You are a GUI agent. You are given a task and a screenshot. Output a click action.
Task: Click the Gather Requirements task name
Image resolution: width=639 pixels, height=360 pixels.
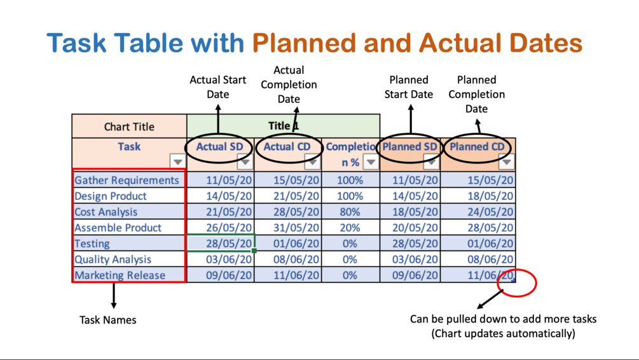(x=127, y=180)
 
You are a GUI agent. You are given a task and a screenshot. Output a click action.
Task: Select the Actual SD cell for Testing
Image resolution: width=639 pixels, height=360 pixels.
(x=221, y=243)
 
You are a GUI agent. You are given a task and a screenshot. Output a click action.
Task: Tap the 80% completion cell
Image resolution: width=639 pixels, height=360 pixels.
(x=350, y=212)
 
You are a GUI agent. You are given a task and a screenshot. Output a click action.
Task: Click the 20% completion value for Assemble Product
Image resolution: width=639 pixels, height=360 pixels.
(x=350, y=228)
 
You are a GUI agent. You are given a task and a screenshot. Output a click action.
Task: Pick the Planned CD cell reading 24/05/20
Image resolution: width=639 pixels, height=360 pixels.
(x=478, y=212)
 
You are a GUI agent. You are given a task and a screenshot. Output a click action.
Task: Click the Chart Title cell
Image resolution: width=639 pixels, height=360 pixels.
(x=129, y=127)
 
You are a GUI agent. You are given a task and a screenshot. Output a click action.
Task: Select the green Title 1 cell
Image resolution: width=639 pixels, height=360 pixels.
(x=283, y=126)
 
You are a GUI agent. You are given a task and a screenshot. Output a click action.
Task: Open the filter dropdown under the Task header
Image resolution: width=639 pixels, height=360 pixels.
(x=177, y=162)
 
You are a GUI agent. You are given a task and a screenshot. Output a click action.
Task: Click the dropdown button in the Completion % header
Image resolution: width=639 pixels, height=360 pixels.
(x=371, y=162)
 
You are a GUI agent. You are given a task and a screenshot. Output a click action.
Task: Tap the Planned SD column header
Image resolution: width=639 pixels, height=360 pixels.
(x=409, y=146)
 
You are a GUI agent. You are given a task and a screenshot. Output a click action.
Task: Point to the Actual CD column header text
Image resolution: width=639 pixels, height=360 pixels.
(x=287, y=146)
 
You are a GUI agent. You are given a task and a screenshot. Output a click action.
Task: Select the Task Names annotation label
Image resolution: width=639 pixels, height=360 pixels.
(x=107, y=320)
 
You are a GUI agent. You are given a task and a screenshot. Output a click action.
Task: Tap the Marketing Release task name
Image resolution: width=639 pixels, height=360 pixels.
(x=120, y=275)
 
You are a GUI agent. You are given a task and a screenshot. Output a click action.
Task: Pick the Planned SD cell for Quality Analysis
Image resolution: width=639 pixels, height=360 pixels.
(x=410, y=260)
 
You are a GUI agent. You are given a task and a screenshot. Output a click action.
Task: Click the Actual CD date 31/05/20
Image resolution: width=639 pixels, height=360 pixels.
(x=288, y=228)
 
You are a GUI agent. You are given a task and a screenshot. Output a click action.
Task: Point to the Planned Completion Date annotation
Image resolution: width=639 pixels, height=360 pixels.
(x=476, y=94)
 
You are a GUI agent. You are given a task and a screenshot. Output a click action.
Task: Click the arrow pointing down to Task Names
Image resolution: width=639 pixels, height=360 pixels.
(x=114, y=296)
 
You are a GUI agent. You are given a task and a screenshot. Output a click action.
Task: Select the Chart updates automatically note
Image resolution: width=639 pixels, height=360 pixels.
(x=504, y=333)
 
